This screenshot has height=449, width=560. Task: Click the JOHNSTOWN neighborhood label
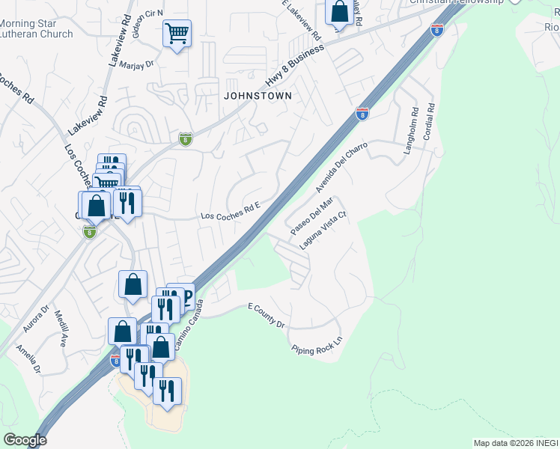pyautogui.click(x=257, y=96)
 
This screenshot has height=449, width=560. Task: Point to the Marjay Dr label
pyautogui.click(x=136, y=64)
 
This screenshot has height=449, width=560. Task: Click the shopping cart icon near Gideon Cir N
pyautogui.click(x=177, y=33)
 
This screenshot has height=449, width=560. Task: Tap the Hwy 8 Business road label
pyautogui.click(x=296, y=65)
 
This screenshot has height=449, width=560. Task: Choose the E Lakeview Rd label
pyautogui.click(x=302, y=19)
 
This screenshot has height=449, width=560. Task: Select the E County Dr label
pyautogui.click(x=267, y=315)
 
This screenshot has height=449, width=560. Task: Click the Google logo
pyautogui.click(x=25, y=440)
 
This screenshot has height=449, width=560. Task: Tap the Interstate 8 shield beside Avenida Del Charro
pyautogui.click(x=362, y=114)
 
